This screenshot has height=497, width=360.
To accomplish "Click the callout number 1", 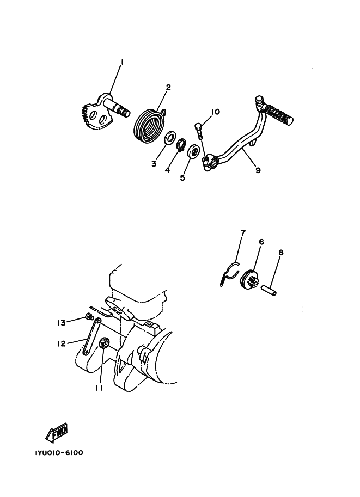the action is click(122, 62).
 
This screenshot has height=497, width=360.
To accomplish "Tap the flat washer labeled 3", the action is click(170, 137).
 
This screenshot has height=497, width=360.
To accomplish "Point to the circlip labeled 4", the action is click(182, 144).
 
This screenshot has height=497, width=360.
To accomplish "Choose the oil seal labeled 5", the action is click(193, 151).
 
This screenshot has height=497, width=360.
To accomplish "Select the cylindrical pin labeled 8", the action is click(268, 290).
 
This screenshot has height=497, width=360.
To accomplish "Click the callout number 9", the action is click(258, 170).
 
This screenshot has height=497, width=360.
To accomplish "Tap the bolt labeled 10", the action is click(198, 130).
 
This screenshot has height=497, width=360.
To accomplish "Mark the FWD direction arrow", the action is click(57, 432).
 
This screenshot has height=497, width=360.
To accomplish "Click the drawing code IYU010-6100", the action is click(59, 452).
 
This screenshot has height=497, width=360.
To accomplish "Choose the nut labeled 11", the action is click(105, 342).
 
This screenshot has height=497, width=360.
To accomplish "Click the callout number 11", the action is click(99, 388).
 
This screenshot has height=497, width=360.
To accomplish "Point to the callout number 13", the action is click(61, 323).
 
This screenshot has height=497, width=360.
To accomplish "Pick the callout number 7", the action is click(243, 233).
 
